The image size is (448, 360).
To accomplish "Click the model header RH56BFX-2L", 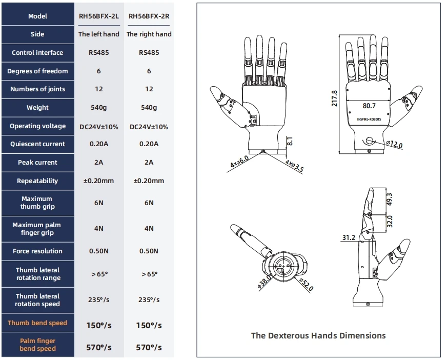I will [99, 16].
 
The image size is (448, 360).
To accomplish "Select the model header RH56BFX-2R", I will [149, 16].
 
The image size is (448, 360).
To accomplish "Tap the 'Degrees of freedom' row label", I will [37, 71].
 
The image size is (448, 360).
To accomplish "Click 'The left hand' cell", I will [99, 34].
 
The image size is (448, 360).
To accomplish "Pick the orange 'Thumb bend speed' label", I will [37, 323].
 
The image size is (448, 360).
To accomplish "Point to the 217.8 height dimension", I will [335, 98].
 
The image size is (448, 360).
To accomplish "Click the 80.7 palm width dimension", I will [369, 106].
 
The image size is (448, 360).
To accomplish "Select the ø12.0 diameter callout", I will [394, 145].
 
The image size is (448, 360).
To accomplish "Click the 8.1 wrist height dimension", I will [289, 141].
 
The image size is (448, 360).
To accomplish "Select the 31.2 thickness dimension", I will [348, 237].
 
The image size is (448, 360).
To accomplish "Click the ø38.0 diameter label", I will [265, 282].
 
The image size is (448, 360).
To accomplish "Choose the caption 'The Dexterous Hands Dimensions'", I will [318, 335].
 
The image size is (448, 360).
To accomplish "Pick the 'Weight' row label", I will [37, 108].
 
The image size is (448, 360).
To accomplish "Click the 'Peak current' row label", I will [37, 163].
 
